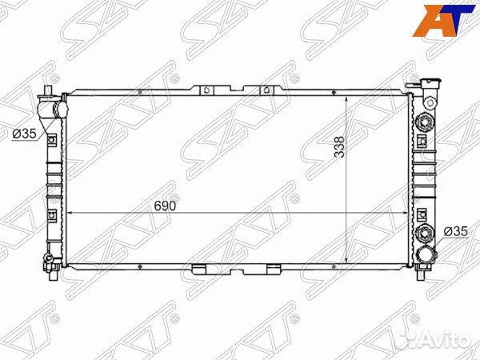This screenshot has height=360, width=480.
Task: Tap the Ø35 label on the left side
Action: (24, 134)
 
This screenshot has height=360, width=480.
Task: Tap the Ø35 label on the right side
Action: (454, 232)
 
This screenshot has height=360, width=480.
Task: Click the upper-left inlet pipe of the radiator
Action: (53, 107)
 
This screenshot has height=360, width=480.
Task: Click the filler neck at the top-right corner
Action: (429, 85)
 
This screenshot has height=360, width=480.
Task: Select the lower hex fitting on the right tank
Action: (423, 234)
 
